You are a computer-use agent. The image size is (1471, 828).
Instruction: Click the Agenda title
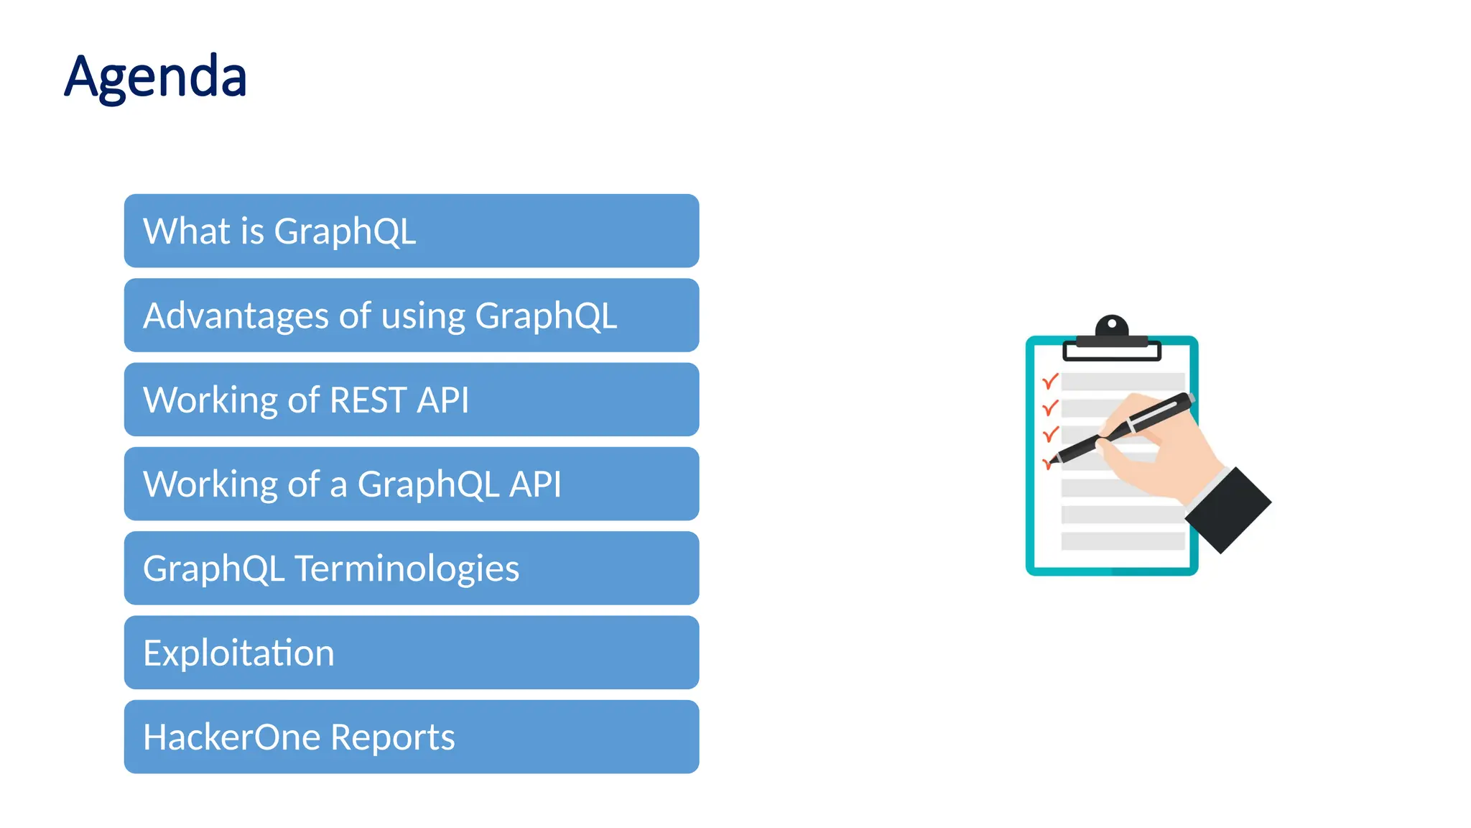(156, 77)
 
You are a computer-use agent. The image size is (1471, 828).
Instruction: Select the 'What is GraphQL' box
(411, 231)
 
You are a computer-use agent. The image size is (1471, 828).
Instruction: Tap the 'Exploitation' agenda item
(411, 653)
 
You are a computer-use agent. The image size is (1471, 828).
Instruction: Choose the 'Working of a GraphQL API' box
(411, 484)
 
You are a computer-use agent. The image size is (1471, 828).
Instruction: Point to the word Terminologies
(407, 569)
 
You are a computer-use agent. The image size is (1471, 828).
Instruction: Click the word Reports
(392, 737)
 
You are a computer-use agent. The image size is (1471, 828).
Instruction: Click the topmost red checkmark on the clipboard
(1050, 381)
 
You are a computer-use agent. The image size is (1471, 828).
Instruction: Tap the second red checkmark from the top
(1050, 408)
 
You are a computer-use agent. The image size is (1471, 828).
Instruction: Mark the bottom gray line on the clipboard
(1122, 541)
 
